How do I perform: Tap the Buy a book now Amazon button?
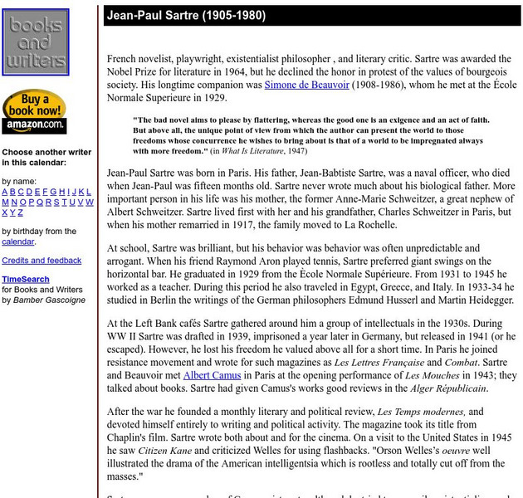[x=34, y=110]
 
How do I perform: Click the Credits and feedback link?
[x=42, y=261]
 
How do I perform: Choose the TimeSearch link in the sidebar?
[x=25, y=280]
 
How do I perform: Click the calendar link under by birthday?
[x=17, y=242]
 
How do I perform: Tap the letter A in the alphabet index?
[x=5, y=192]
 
